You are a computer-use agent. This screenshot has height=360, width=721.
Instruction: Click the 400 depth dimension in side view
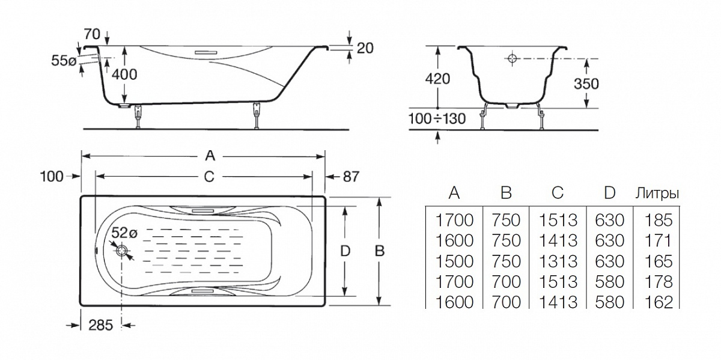124,74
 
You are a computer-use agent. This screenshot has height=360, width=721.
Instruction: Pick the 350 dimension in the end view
585,84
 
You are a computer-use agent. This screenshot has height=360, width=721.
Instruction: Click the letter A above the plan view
209,156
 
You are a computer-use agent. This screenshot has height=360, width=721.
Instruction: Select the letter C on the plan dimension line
209,176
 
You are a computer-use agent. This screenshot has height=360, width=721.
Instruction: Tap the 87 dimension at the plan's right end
351,176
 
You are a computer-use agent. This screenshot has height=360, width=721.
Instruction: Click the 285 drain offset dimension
101,325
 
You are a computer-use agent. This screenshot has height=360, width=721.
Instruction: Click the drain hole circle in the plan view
123,252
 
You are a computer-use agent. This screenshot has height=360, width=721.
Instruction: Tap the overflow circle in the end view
513,59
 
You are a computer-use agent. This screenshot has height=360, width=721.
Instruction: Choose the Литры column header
657,194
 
